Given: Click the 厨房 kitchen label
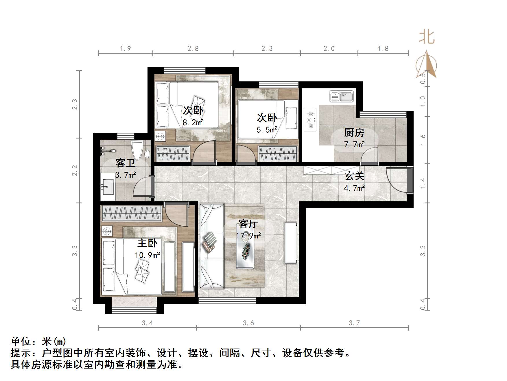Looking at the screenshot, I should coord(354,133).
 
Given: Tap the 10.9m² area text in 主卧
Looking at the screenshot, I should coord(148,255).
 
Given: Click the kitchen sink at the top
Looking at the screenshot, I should coord(342,96).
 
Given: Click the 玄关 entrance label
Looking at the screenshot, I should coord(354,176).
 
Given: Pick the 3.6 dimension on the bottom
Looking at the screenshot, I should coord(248,323).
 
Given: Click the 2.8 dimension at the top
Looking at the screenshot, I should coord(193,49).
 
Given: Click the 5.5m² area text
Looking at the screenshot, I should coord(267,130).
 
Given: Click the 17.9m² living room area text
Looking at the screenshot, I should coord(248,236).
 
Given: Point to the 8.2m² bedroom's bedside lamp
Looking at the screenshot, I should coord(160,136).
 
